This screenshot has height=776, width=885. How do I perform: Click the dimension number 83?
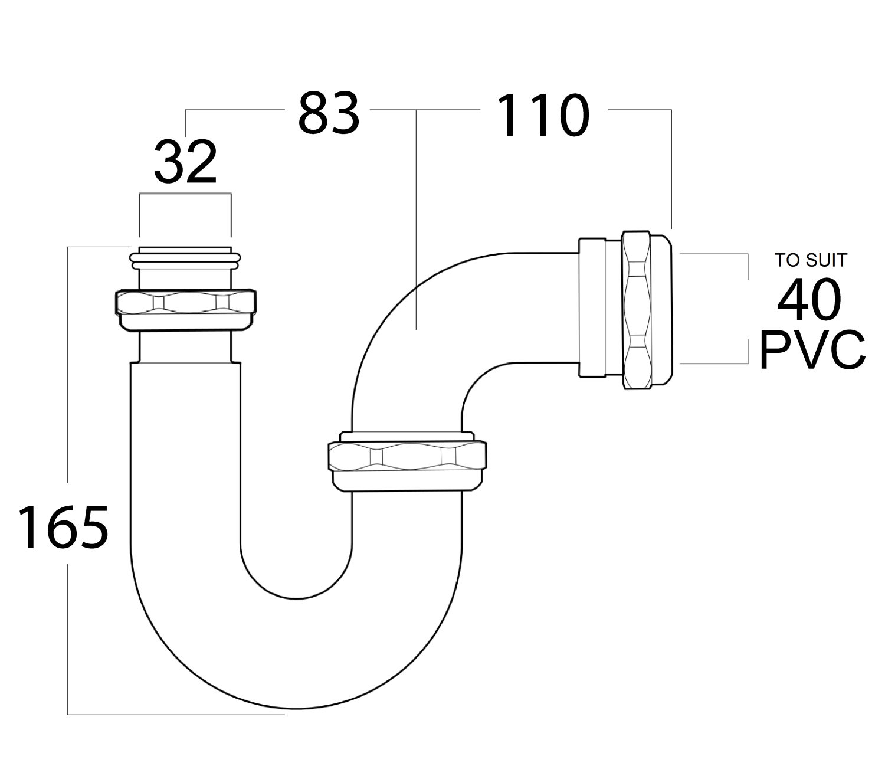329,113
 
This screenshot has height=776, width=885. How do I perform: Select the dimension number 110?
543,115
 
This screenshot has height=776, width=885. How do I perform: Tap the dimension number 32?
186,161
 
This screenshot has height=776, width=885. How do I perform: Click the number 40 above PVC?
809,299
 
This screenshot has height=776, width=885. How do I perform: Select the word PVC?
812,349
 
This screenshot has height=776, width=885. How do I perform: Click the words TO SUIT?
811,260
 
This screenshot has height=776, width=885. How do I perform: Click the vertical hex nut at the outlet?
637,310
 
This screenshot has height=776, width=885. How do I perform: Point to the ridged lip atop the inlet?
185,258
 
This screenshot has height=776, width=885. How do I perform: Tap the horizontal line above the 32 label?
185,193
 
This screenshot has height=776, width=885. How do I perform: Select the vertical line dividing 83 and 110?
416,220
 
